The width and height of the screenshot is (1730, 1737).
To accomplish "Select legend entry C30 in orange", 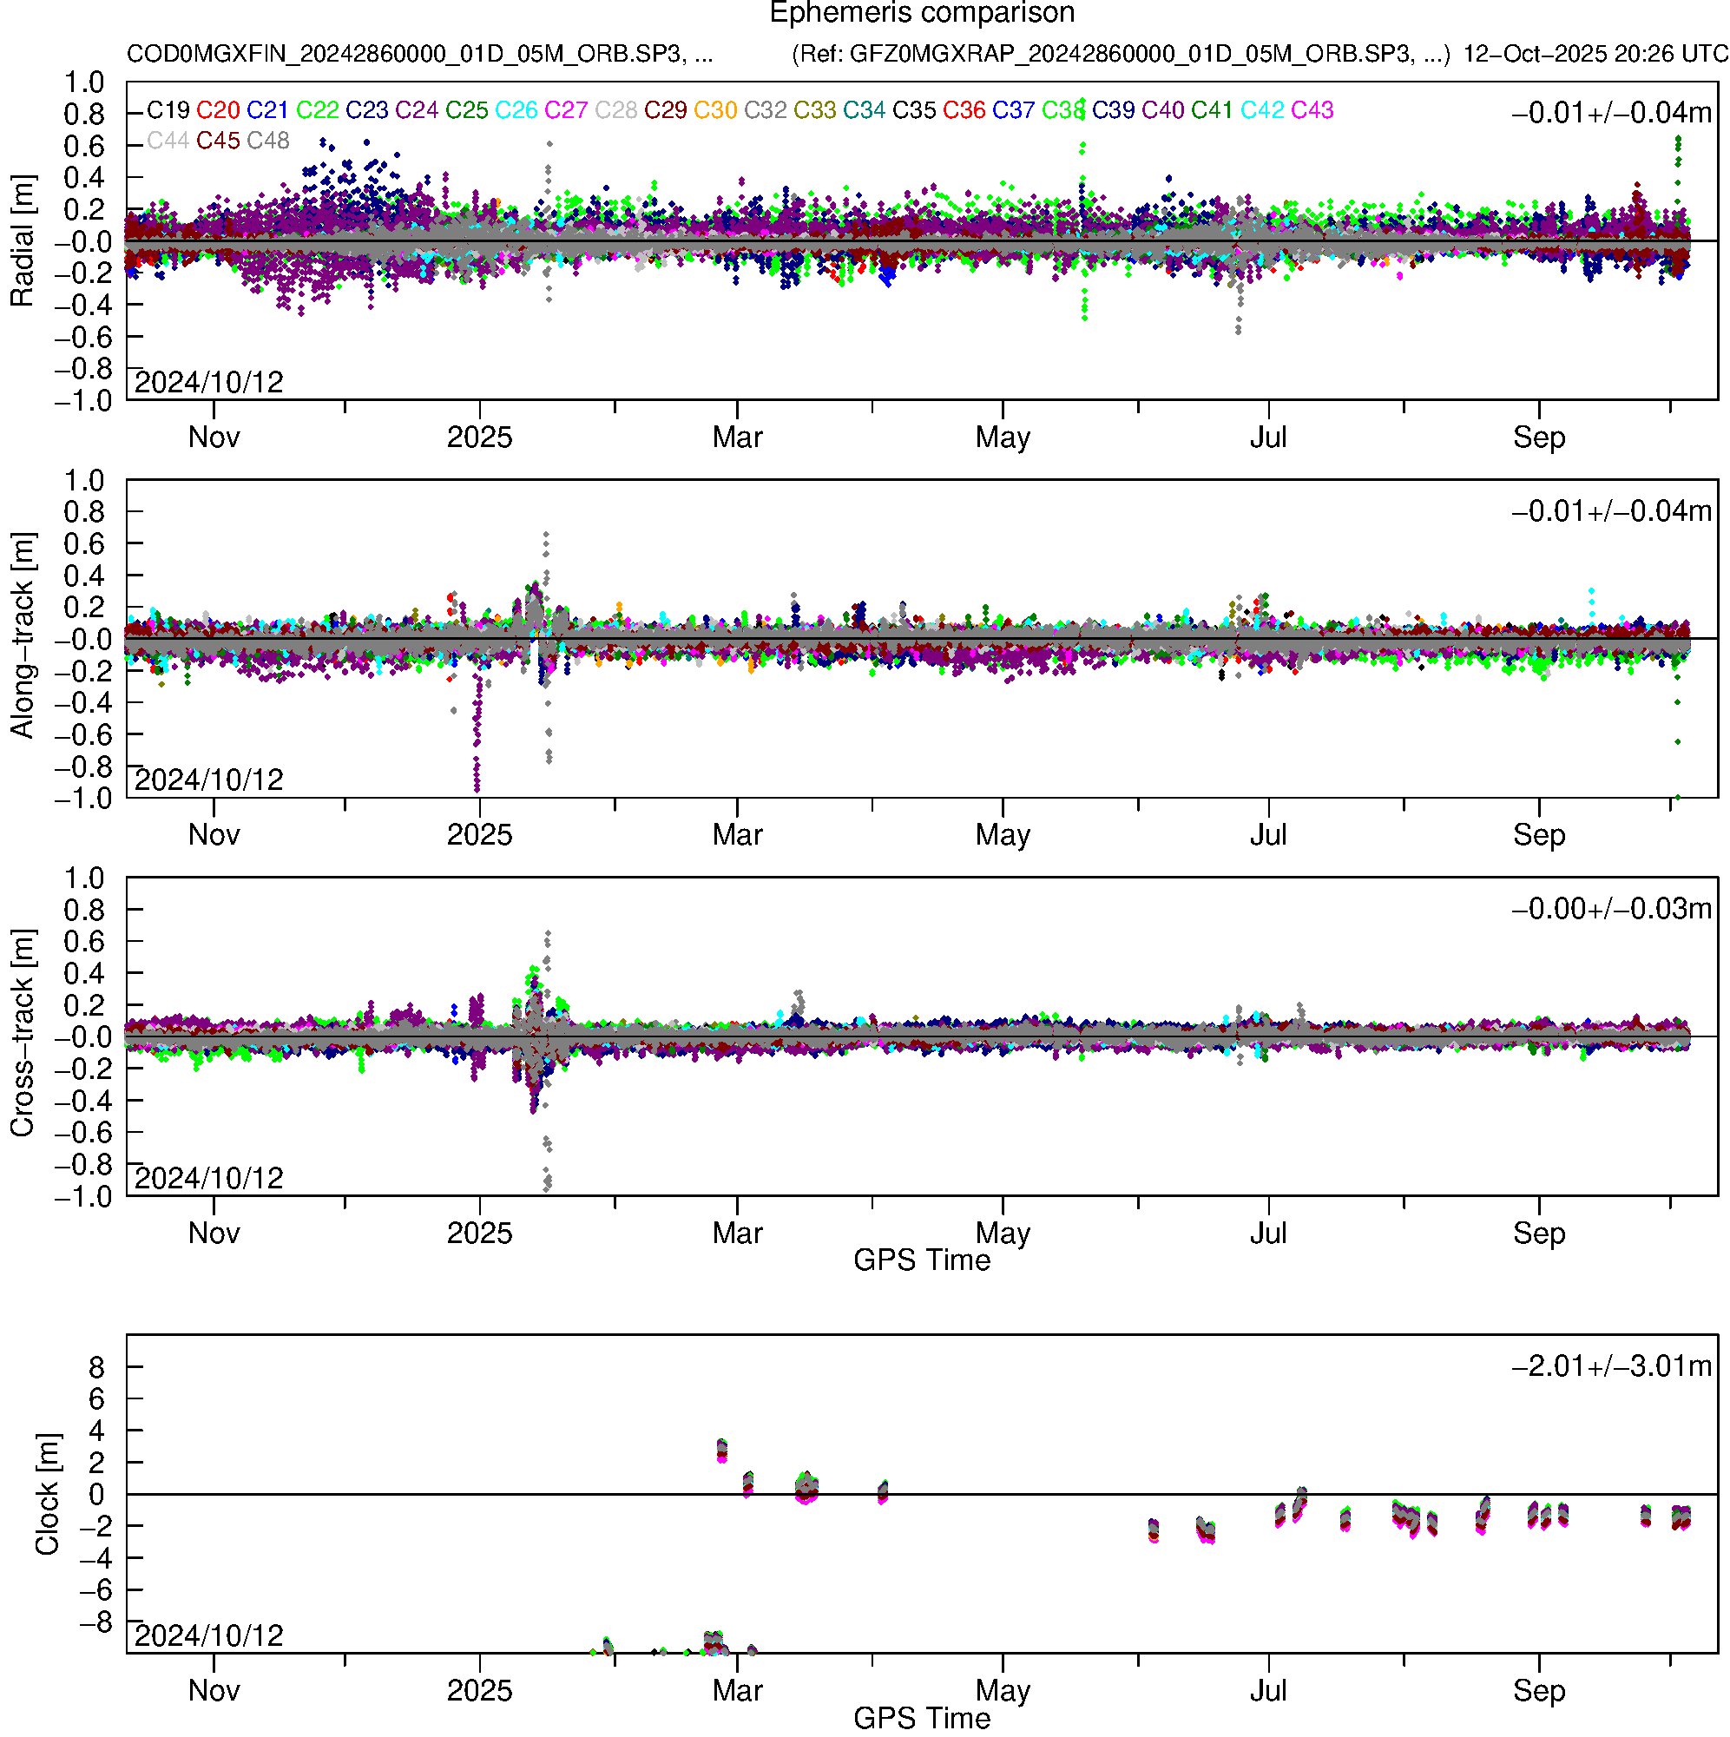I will [x=715, y=109].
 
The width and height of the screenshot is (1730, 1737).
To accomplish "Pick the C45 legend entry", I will [x=218, y=141].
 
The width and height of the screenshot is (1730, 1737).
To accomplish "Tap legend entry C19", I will [x=168, y=109].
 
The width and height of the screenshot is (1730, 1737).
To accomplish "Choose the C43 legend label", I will [x=1311, y=109].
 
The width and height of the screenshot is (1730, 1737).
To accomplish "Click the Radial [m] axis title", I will [x=22, y=241].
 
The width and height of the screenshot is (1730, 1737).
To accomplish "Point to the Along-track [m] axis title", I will [x=22, y=636].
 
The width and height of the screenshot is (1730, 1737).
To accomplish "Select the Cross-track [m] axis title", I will [x=22, y=1034].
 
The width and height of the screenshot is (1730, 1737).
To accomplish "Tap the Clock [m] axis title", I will [x=47, y=1493].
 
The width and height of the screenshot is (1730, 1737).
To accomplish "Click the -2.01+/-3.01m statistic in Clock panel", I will [x=1610, y=1366].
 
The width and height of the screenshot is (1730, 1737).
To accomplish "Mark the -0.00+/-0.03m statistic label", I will [x=1610, y=909].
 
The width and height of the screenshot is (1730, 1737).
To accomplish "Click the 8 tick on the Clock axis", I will [x=96, y=1367].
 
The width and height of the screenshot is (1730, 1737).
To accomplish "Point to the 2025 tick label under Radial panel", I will [x=479, y=438].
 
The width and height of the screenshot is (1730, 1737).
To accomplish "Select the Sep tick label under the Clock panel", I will [x=1538, y=1691].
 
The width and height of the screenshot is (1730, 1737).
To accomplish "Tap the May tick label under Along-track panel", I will [x=1003, y=835].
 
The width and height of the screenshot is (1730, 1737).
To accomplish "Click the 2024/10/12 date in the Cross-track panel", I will [x=208, y=1178].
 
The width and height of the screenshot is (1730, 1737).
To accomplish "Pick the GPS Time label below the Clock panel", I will [x=922, y=1719].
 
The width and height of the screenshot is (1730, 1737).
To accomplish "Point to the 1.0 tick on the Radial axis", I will [x=83, y=82].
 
